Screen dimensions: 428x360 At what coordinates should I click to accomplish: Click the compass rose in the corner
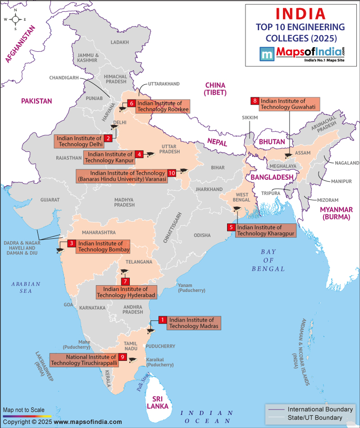[x=15, y=19]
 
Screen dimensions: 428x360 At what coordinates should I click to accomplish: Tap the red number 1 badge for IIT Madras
[x=162, y=320]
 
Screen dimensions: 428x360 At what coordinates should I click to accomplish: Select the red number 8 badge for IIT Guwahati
[x=255, y=101]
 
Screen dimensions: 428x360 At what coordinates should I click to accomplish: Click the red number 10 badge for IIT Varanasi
[x=171, y=173]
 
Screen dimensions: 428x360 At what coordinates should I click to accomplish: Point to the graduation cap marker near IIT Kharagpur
[x=236, y=209]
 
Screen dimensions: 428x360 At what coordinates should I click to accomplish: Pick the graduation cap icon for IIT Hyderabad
[x=124, y=271]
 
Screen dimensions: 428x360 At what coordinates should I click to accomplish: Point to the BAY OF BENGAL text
[x=268, y=260]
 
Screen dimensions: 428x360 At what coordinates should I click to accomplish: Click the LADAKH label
[x=119, y=42]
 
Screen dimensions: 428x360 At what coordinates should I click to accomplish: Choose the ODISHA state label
[x=202, y=235]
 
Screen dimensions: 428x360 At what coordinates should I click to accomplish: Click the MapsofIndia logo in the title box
[x=302, y=54]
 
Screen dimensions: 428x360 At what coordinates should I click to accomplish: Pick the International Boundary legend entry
[x=319, y=409]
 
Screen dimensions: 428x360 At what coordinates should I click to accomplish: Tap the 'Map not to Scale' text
[x=24, y=410]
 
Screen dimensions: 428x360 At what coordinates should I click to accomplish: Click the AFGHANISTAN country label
[x=20, y=43]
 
